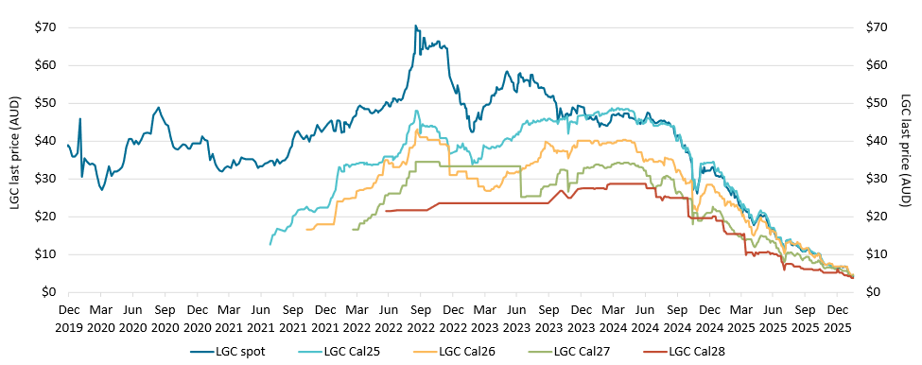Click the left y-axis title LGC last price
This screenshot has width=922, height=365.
14,159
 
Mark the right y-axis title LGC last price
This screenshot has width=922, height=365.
905,159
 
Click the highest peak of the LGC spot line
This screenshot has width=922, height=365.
415,26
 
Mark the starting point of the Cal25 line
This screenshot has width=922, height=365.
270,245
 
